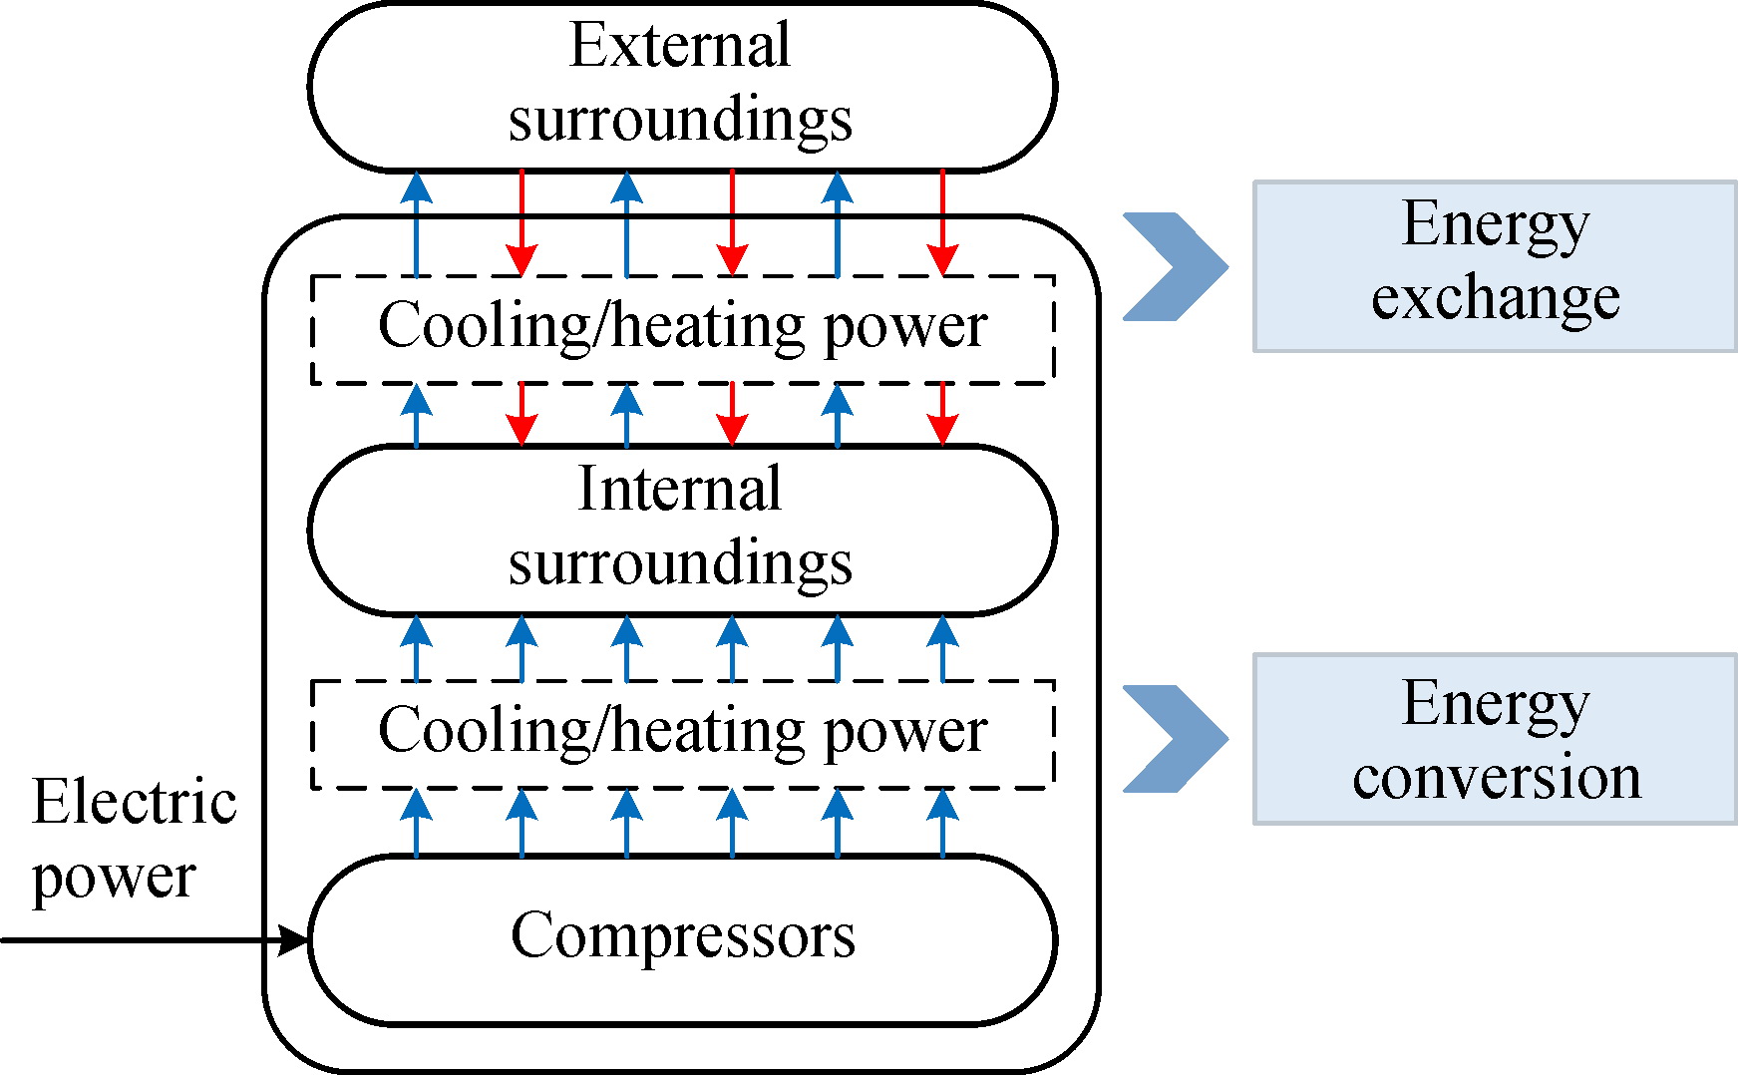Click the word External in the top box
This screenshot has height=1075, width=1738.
[680, 46]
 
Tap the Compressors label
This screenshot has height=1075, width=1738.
[683, 935]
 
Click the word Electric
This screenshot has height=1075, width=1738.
[135, 802]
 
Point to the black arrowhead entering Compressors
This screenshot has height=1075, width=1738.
[293, 939]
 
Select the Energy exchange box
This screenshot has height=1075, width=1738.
[1494, 266]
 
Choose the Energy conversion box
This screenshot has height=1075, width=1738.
[1494, 739]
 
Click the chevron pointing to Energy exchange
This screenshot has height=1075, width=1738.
[1177, 266]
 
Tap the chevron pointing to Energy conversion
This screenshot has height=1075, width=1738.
[1177, 739]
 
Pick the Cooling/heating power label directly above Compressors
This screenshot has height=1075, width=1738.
[683, 731]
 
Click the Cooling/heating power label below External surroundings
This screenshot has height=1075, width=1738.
[683, 326]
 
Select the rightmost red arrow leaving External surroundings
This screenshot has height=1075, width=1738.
[942, 224]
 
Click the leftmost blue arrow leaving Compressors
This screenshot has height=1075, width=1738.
[417, 823]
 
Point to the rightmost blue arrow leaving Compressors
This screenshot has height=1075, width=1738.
[942, 823]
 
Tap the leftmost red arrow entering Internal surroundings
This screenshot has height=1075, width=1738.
[521, 414]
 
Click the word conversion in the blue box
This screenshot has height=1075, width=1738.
[1496, 777]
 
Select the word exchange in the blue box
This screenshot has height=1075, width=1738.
[1495, 298]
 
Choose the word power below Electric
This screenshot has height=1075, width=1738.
[114, 878]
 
